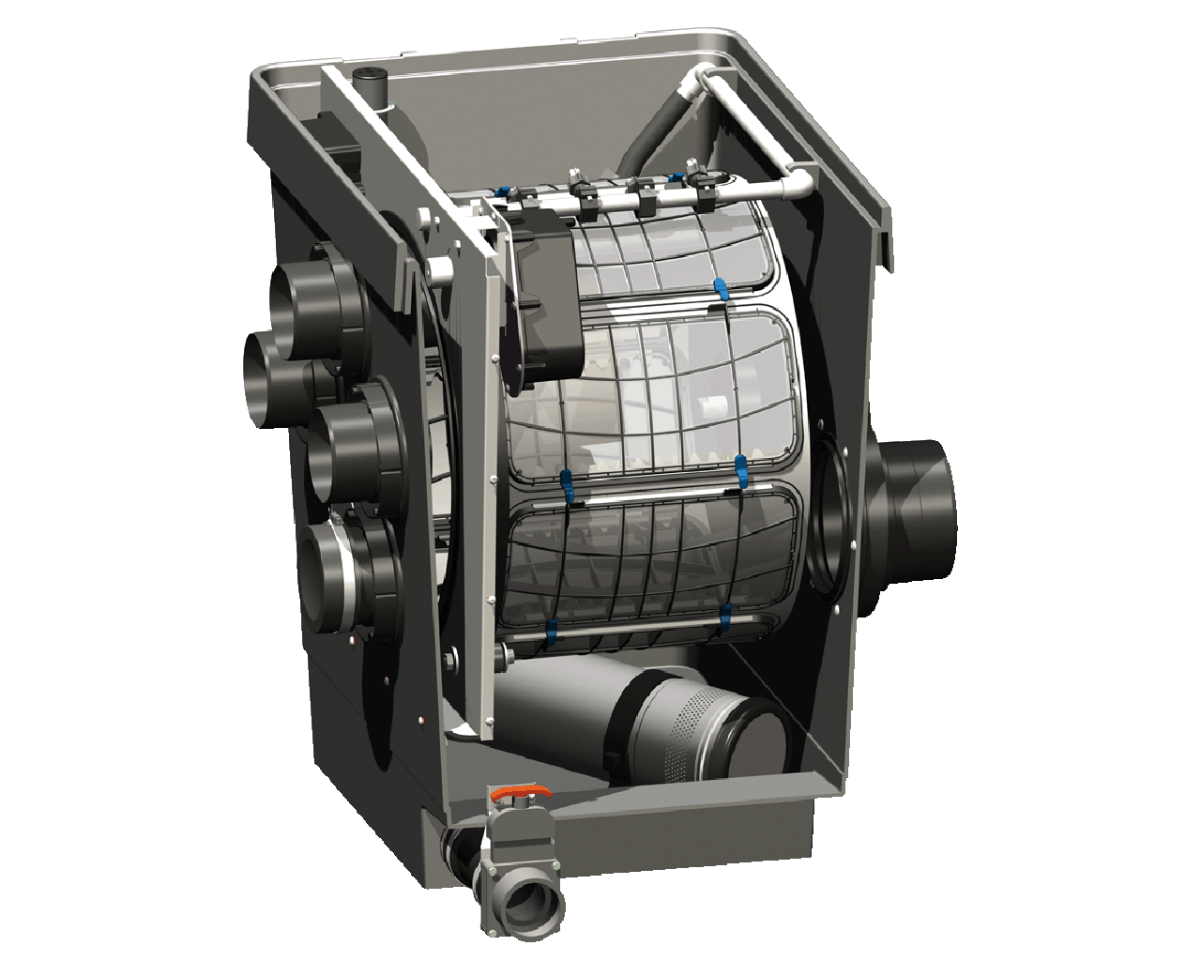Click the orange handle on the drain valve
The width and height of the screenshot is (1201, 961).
pyautogui.click(x=517, y=796)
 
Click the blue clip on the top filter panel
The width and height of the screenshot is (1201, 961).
pyautogui.click(x=720, y=288)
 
